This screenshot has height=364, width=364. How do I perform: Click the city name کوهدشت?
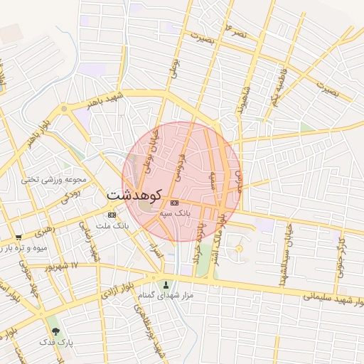(135, 194)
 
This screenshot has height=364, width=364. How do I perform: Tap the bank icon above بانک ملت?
(112, 215)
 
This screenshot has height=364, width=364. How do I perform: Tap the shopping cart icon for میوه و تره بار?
(18, 237)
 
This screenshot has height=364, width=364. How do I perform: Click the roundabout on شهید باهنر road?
(64, 109)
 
